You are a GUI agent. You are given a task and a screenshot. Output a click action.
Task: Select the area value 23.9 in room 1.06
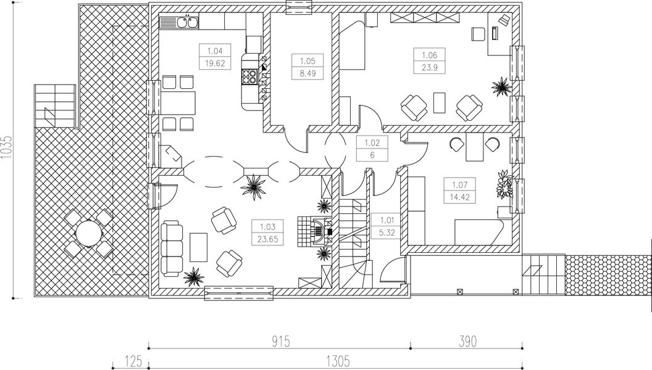click(429, 68)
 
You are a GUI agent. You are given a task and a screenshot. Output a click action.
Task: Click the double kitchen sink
click(186, 23)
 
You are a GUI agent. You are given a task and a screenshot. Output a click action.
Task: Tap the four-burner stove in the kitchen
click(249, 77)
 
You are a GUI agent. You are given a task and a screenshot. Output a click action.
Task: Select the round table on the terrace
click(88, 234)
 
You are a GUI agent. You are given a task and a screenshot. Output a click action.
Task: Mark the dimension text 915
click(280, 340)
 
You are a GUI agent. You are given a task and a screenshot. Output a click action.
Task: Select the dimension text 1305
click(338, 360)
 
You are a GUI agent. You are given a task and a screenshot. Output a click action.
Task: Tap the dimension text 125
click(130, 360)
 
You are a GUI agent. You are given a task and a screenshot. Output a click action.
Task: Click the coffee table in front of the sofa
click(199, 247)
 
